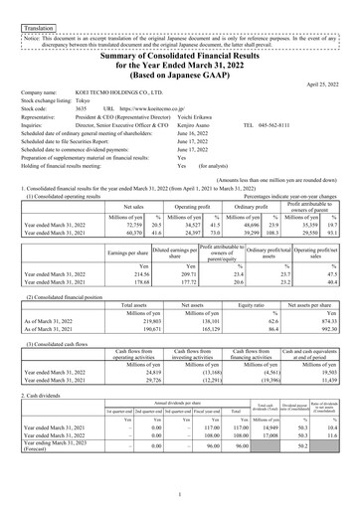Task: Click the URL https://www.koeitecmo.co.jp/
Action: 158,108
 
